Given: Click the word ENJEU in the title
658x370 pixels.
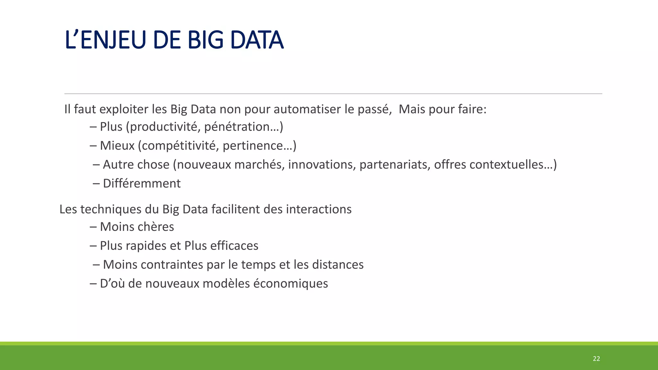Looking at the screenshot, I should [114, 40].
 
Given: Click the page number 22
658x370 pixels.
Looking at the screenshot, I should [596, 359].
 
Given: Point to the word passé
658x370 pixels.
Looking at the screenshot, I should [375, 110].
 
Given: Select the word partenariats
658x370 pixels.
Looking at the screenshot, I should [395, 165].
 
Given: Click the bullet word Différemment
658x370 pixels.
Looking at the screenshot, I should [142, 184].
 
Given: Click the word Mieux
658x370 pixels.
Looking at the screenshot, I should [117, 146].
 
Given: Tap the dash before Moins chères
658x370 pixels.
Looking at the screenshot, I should [93, 227].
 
